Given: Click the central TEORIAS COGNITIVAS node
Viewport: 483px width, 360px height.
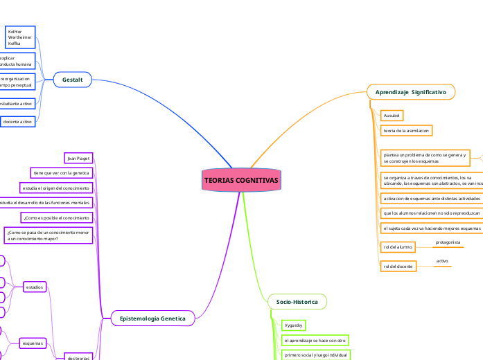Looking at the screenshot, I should [x=241, y=181].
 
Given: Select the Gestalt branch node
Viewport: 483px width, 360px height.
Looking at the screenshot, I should [x=73, y=80].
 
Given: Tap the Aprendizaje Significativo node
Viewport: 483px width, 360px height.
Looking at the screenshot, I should [x=410, y=92].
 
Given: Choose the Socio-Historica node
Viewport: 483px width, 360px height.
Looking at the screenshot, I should [x=297, y=302].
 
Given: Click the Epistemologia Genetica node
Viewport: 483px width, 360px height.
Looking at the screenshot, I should [x=152, y=318].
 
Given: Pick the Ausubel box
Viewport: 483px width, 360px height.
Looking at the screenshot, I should [x=392, y=115].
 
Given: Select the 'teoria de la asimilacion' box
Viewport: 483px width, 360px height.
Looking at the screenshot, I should [x=407, y=130].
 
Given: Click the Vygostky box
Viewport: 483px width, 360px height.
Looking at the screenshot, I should [x=294, y=325].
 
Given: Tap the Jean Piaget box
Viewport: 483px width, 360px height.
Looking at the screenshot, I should [x=78, y=159].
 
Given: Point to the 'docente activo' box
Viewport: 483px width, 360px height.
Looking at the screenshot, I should [x=18, y=122].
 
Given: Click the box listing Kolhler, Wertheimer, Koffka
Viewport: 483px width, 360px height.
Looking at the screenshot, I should [x=19, y=37].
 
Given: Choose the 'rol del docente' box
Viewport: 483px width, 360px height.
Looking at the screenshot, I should [x=398, y=266].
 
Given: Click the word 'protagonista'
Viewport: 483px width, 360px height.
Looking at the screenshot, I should [x=448, y=242].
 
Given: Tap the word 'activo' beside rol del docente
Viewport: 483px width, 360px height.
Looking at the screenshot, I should [x=442, y=261].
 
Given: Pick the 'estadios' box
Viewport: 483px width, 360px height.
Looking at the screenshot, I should [x=34, y=287].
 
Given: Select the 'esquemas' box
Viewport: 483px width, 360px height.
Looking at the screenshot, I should [x=33, y=343].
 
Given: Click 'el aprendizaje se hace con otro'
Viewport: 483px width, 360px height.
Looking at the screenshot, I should [x=315, y=341].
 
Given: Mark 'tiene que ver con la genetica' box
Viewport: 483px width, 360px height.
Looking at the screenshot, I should [x=61, y=173].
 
